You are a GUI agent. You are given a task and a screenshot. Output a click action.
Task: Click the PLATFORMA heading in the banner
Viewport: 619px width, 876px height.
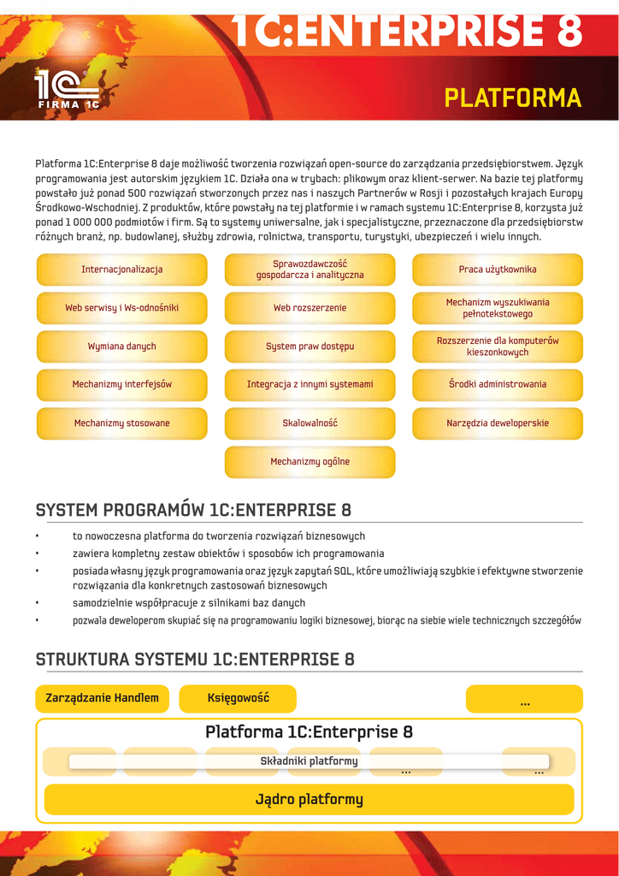(512, 98)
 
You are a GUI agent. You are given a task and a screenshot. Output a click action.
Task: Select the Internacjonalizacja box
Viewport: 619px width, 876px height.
(122, 269)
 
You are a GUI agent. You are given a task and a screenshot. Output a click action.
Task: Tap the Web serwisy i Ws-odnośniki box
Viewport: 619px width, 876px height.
(122, 308)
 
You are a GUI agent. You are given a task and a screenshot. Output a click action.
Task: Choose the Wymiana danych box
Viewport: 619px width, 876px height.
(122, 346)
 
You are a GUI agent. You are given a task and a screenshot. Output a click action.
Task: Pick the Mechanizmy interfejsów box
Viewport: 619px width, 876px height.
(122, 385)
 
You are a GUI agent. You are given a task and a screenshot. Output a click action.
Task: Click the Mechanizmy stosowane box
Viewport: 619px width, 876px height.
(122, 423)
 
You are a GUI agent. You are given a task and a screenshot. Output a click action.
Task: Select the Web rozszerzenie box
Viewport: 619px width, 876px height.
(309, 308)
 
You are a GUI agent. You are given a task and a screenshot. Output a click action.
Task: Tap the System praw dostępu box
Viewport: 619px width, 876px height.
(309, 346)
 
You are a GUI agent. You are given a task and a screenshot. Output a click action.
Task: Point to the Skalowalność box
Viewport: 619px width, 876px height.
(309, 423)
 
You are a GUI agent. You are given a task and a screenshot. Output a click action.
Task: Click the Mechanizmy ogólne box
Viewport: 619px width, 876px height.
(309, 462)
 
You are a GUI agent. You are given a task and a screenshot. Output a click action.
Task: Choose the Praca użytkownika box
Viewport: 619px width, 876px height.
(498, 269)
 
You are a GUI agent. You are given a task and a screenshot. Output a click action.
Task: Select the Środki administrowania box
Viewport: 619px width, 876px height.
(498, 385)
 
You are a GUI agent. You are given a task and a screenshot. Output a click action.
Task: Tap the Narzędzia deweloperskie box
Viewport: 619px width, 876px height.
(498, 423)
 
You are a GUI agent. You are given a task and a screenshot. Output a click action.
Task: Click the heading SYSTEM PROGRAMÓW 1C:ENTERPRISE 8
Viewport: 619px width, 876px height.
(193, 511)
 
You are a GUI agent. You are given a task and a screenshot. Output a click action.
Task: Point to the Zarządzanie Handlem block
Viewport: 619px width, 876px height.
(103, 698)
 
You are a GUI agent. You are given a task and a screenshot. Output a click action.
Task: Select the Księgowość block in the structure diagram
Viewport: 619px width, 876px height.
(238, 698)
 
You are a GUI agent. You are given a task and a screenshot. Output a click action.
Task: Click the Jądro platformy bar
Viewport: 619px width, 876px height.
(309, 800)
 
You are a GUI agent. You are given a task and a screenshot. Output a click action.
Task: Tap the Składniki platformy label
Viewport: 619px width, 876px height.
(309, 761)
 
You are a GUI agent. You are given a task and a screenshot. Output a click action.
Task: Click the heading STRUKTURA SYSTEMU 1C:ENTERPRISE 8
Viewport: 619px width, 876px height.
(195, 660)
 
